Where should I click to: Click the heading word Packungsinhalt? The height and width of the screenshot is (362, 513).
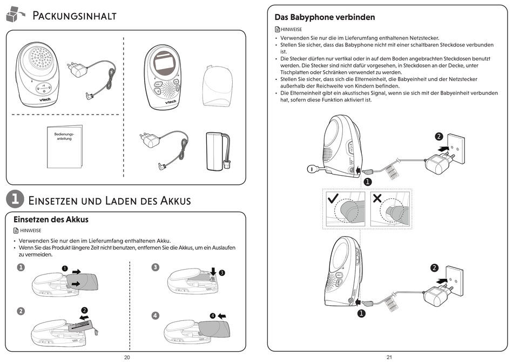(75, 15)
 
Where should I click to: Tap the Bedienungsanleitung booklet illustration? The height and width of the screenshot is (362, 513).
(65, 145)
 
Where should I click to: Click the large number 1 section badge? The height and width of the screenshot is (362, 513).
(14, 199)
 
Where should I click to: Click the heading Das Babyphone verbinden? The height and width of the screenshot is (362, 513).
(325, 17)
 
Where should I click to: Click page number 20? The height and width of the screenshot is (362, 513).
(127, 357)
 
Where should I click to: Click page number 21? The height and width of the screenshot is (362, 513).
(389, 357)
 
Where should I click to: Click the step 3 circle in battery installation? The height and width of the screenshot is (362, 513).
(156, 267)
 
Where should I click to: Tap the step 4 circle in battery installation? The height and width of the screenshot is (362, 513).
(156, 316)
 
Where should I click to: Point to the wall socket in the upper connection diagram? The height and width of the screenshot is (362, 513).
(455, 147)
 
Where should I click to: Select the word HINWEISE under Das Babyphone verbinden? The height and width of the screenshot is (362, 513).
(291, 30)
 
